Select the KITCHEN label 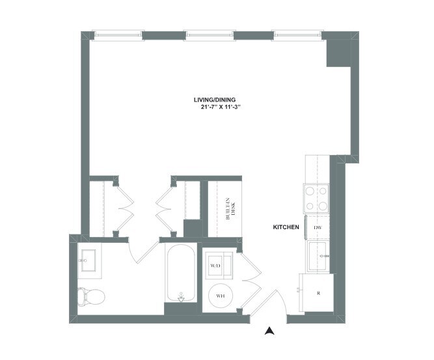pyautogui.click(x=286, y=227)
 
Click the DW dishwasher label pyautogui.click(x=318, y=227)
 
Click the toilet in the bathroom pyautogui.click(x=92, y=297)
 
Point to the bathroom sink pyautogui.click(x=88, y=260)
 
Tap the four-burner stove pyautogui.click(x=316, y=199)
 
